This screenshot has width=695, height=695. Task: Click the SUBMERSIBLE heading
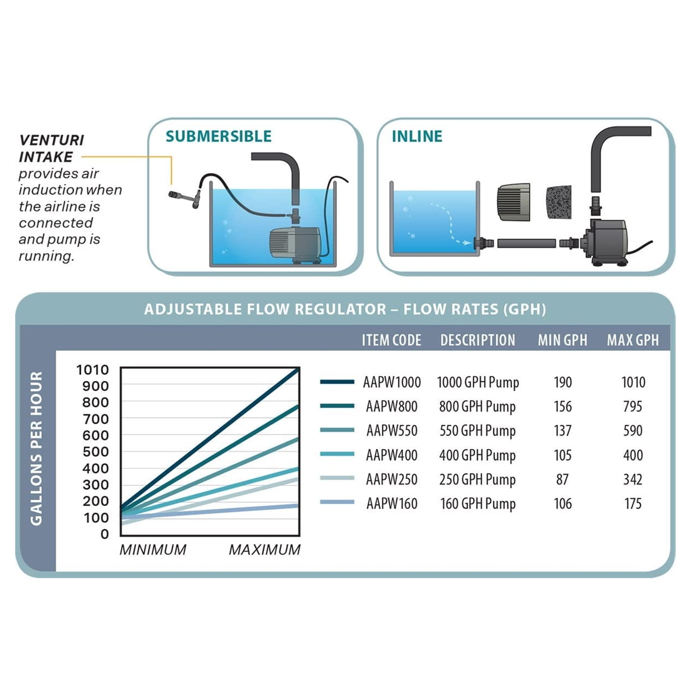[219, 136]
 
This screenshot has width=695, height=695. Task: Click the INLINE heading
[417, 136]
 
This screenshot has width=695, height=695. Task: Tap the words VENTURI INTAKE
[51, 148]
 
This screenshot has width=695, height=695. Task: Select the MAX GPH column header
[632, 340]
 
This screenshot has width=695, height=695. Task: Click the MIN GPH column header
[562, 340]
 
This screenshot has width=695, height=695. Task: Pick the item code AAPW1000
[392, 382]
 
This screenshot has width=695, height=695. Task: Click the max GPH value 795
[632, 406]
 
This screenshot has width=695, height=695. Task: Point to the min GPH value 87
[562, 479]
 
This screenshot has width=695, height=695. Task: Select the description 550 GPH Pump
[477, 430]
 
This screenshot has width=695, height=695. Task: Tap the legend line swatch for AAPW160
[337, 502]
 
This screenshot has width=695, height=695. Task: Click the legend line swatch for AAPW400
[337, 454]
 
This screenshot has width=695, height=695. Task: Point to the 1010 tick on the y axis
[92, 370]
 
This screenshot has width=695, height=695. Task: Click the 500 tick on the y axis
[95, 452]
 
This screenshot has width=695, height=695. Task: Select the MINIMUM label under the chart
[153, 549]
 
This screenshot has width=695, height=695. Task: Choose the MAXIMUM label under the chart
[265, 549]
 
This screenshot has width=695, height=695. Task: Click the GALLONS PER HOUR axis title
[36, 448]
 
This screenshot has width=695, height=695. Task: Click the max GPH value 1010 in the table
[633, 382]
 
